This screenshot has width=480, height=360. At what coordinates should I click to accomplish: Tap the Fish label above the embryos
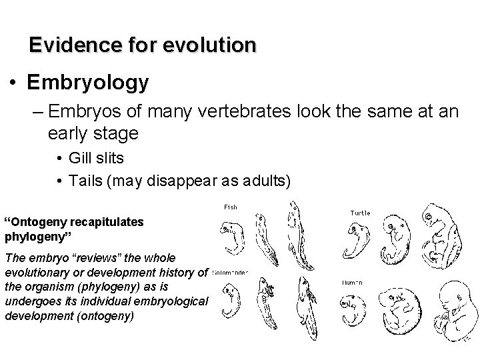pos(230,207)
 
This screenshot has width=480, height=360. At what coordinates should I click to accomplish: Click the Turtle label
pos(360,213)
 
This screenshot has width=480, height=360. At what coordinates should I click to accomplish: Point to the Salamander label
pos(231,272)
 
